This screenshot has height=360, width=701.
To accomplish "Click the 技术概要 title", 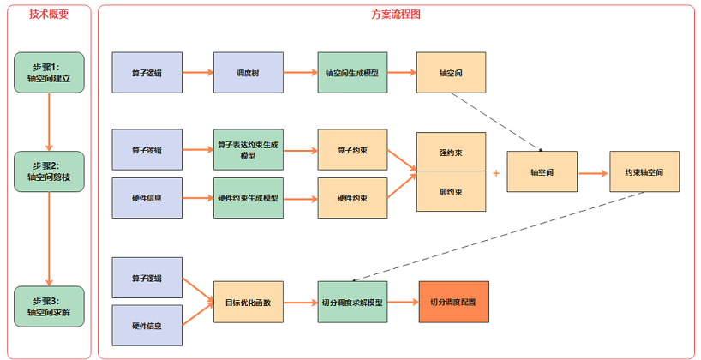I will pyautogui.click(x=48, y=15).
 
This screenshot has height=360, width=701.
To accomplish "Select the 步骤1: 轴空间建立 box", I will pyautogui.click(x=49, y=72).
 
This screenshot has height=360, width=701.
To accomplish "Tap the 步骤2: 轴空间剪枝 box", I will pyautogui.click(x=49, y=171).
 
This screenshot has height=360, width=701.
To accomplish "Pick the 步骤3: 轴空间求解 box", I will pyautogui.click(x=49, y=306).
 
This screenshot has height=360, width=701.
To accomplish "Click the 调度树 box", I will pyautogui.click(x=248, y=73).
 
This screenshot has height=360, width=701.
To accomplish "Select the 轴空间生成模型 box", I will pyautogui.click(x=351, y=73).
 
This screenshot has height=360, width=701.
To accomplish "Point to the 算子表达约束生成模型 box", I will pyautogui.click(x=248, y=150).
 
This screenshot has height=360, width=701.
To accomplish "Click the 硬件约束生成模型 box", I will pyautogui.click(x=248, y=198).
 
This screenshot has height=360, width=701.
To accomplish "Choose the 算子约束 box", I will pyautogui.click(x=351, y=150).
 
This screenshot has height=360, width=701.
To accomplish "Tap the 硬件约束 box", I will pyautogui.click(x=351, y=198).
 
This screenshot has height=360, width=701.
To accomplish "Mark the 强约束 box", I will pyautogui.click(x=451, y=153).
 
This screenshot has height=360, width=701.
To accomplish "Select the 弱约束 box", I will pyautogui.click(x=451, y=192).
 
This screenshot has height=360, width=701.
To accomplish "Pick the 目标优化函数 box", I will pyautogui.click(x=248, y=303).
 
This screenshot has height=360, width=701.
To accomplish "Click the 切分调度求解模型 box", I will pyautogui.click(x=351, y=303).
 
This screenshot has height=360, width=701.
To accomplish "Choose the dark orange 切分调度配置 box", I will pyautogui.click(x=452, y=303).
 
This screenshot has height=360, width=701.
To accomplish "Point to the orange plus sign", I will pyautogui.click(x=496, y=172).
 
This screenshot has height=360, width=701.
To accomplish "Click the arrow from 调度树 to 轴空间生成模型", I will pyautogui.click(x=299, y=73).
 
